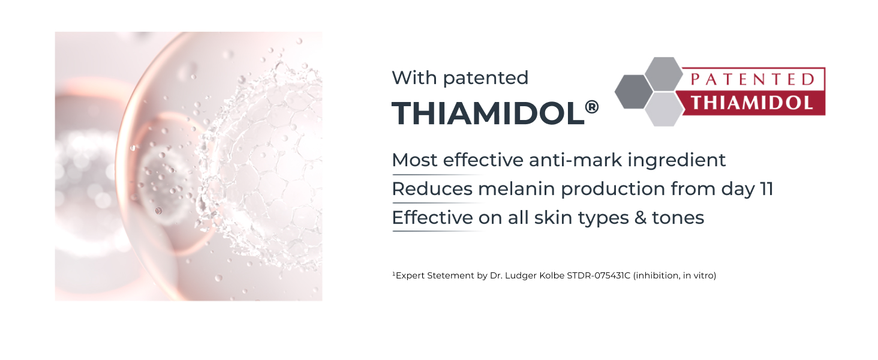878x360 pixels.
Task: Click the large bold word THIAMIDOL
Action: pyautogui.click(x=488, y=114)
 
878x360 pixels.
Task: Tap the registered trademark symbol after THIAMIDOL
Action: pyautogui.click(x=592, y=107)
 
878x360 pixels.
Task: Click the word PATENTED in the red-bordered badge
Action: pyautogui.click(x=753, y=80)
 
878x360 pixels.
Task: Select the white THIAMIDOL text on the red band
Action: pyautogui.click(x=752, y=103)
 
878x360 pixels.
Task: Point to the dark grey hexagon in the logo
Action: pyautogui.click(x=634, y=91)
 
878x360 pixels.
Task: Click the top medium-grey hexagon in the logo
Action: pyautogui.click(x=664, y=74)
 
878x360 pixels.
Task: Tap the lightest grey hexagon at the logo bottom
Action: pyautogui.click(x=664, y=109)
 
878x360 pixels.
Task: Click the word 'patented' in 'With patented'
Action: pyautogui.click(x=486, y=79)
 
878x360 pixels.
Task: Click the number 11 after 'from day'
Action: pyautogui.click(x=766, y=190)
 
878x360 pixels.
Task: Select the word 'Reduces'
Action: pyautogui.click(x=432, y=189)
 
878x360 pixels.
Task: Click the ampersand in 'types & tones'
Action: pyautogui.click(x=640, y=218)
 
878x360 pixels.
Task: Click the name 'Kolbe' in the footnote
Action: pyautogui.click(x=552, y=275)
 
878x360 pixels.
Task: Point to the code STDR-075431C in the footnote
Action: pyautogui.click(x=599, y=275)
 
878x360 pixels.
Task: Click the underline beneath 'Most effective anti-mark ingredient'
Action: pyautogui.click(x=439, y=175)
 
